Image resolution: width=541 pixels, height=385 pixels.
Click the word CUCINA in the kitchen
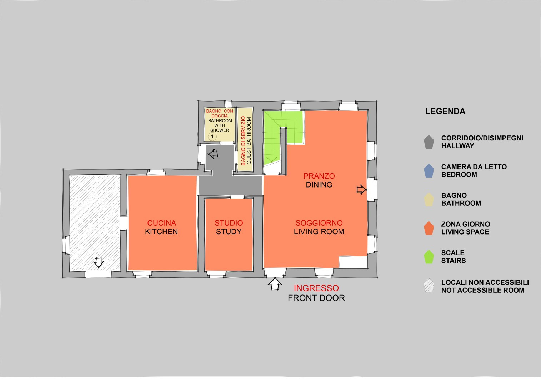click(161, 223)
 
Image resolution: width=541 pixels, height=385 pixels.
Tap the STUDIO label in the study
click(229, 223)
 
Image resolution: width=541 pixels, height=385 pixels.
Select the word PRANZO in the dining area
click(319, 176)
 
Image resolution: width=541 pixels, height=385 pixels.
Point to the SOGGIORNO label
click(319, 223)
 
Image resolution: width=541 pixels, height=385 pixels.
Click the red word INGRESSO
click(316, 288)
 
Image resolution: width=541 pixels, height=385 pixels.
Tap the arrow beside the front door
click(275, 284)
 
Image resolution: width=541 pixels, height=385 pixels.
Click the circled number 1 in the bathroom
click(212, 137)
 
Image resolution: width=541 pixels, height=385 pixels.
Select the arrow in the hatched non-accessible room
click(98, 262)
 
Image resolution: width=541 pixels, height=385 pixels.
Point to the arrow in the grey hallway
click(213, 154)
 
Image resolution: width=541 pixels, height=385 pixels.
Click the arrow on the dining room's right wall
click(361, 190)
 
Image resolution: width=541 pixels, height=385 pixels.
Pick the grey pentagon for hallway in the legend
click(429, 142)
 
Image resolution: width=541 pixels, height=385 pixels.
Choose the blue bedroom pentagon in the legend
click(429, 171)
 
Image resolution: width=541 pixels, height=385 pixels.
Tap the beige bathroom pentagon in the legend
click(429, 199)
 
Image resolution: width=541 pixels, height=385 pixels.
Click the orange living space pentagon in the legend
click(429, 228)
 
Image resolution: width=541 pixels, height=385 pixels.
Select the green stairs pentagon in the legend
click(429, 257)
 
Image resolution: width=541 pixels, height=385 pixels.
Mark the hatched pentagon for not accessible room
click(429, 286)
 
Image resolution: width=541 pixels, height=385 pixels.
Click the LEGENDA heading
click(445, 111)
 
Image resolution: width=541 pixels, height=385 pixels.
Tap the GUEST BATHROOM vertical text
click(249, 141)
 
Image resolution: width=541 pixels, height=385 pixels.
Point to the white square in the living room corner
click(353, 262)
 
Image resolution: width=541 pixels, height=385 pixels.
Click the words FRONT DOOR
click(316, 298)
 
